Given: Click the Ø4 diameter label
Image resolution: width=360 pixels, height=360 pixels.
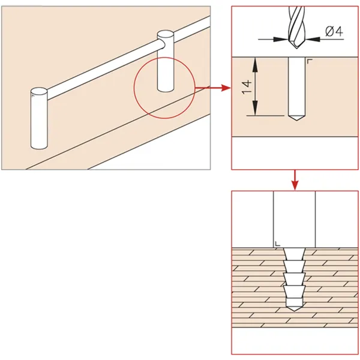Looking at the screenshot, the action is [334, 31].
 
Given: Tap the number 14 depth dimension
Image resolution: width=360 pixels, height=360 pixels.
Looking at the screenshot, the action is [247, 87].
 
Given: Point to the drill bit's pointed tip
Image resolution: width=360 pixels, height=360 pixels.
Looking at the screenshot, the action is [296, 48].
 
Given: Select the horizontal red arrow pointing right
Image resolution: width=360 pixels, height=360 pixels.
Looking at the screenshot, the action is [213, 88].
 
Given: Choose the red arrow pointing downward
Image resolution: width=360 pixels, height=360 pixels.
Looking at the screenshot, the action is [295, 180].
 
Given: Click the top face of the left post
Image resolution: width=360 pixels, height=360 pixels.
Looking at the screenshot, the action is [39, 91].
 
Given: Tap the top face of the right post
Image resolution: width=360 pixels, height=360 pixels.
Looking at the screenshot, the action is [166, 34].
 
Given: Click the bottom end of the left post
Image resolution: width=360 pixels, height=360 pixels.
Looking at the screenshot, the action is [39, 146].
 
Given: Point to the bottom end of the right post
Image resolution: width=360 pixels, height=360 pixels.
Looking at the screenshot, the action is [166, 89].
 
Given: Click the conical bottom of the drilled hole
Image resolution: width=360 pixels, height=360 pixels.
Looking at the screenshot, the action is [296, 118].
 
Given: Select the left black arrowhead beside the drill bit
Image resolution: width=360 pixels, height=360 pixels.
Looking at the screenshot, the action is [281, 39].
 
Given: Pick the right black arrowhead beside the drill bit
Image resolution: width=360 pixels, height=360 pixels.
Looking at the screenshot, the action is [312, 39].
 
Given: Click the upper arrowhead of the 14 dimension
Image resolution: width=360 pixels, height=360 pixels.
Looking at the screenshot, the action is [255, 64].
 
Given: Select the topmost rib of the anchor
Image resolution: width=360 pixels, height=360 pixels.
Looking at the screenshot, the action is [295, 254].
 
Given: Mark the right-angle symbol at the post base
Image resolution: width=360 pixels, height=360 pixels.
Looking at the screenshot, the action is [278, 244].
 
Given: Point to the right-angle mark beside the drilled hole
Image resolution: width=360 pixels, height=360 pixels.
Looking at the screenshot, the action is [310, 61].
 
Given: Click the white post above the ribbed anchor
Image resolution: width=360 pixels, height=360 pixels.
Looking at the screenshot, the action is [295, 219].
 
